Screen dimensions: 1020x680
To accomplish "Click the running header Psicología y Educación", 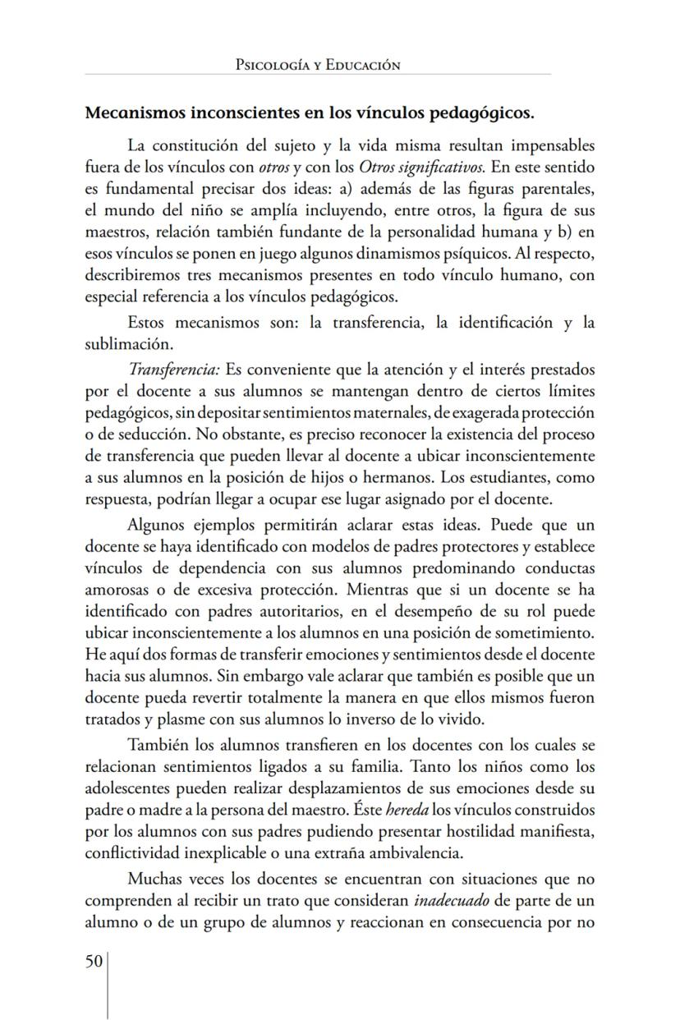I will pos(317,64).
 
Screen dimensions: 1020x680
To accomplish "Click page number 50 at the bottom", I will pos(94,962).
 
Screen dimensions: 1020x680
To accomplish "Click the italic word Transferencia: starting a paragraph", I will pos(173,370).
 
